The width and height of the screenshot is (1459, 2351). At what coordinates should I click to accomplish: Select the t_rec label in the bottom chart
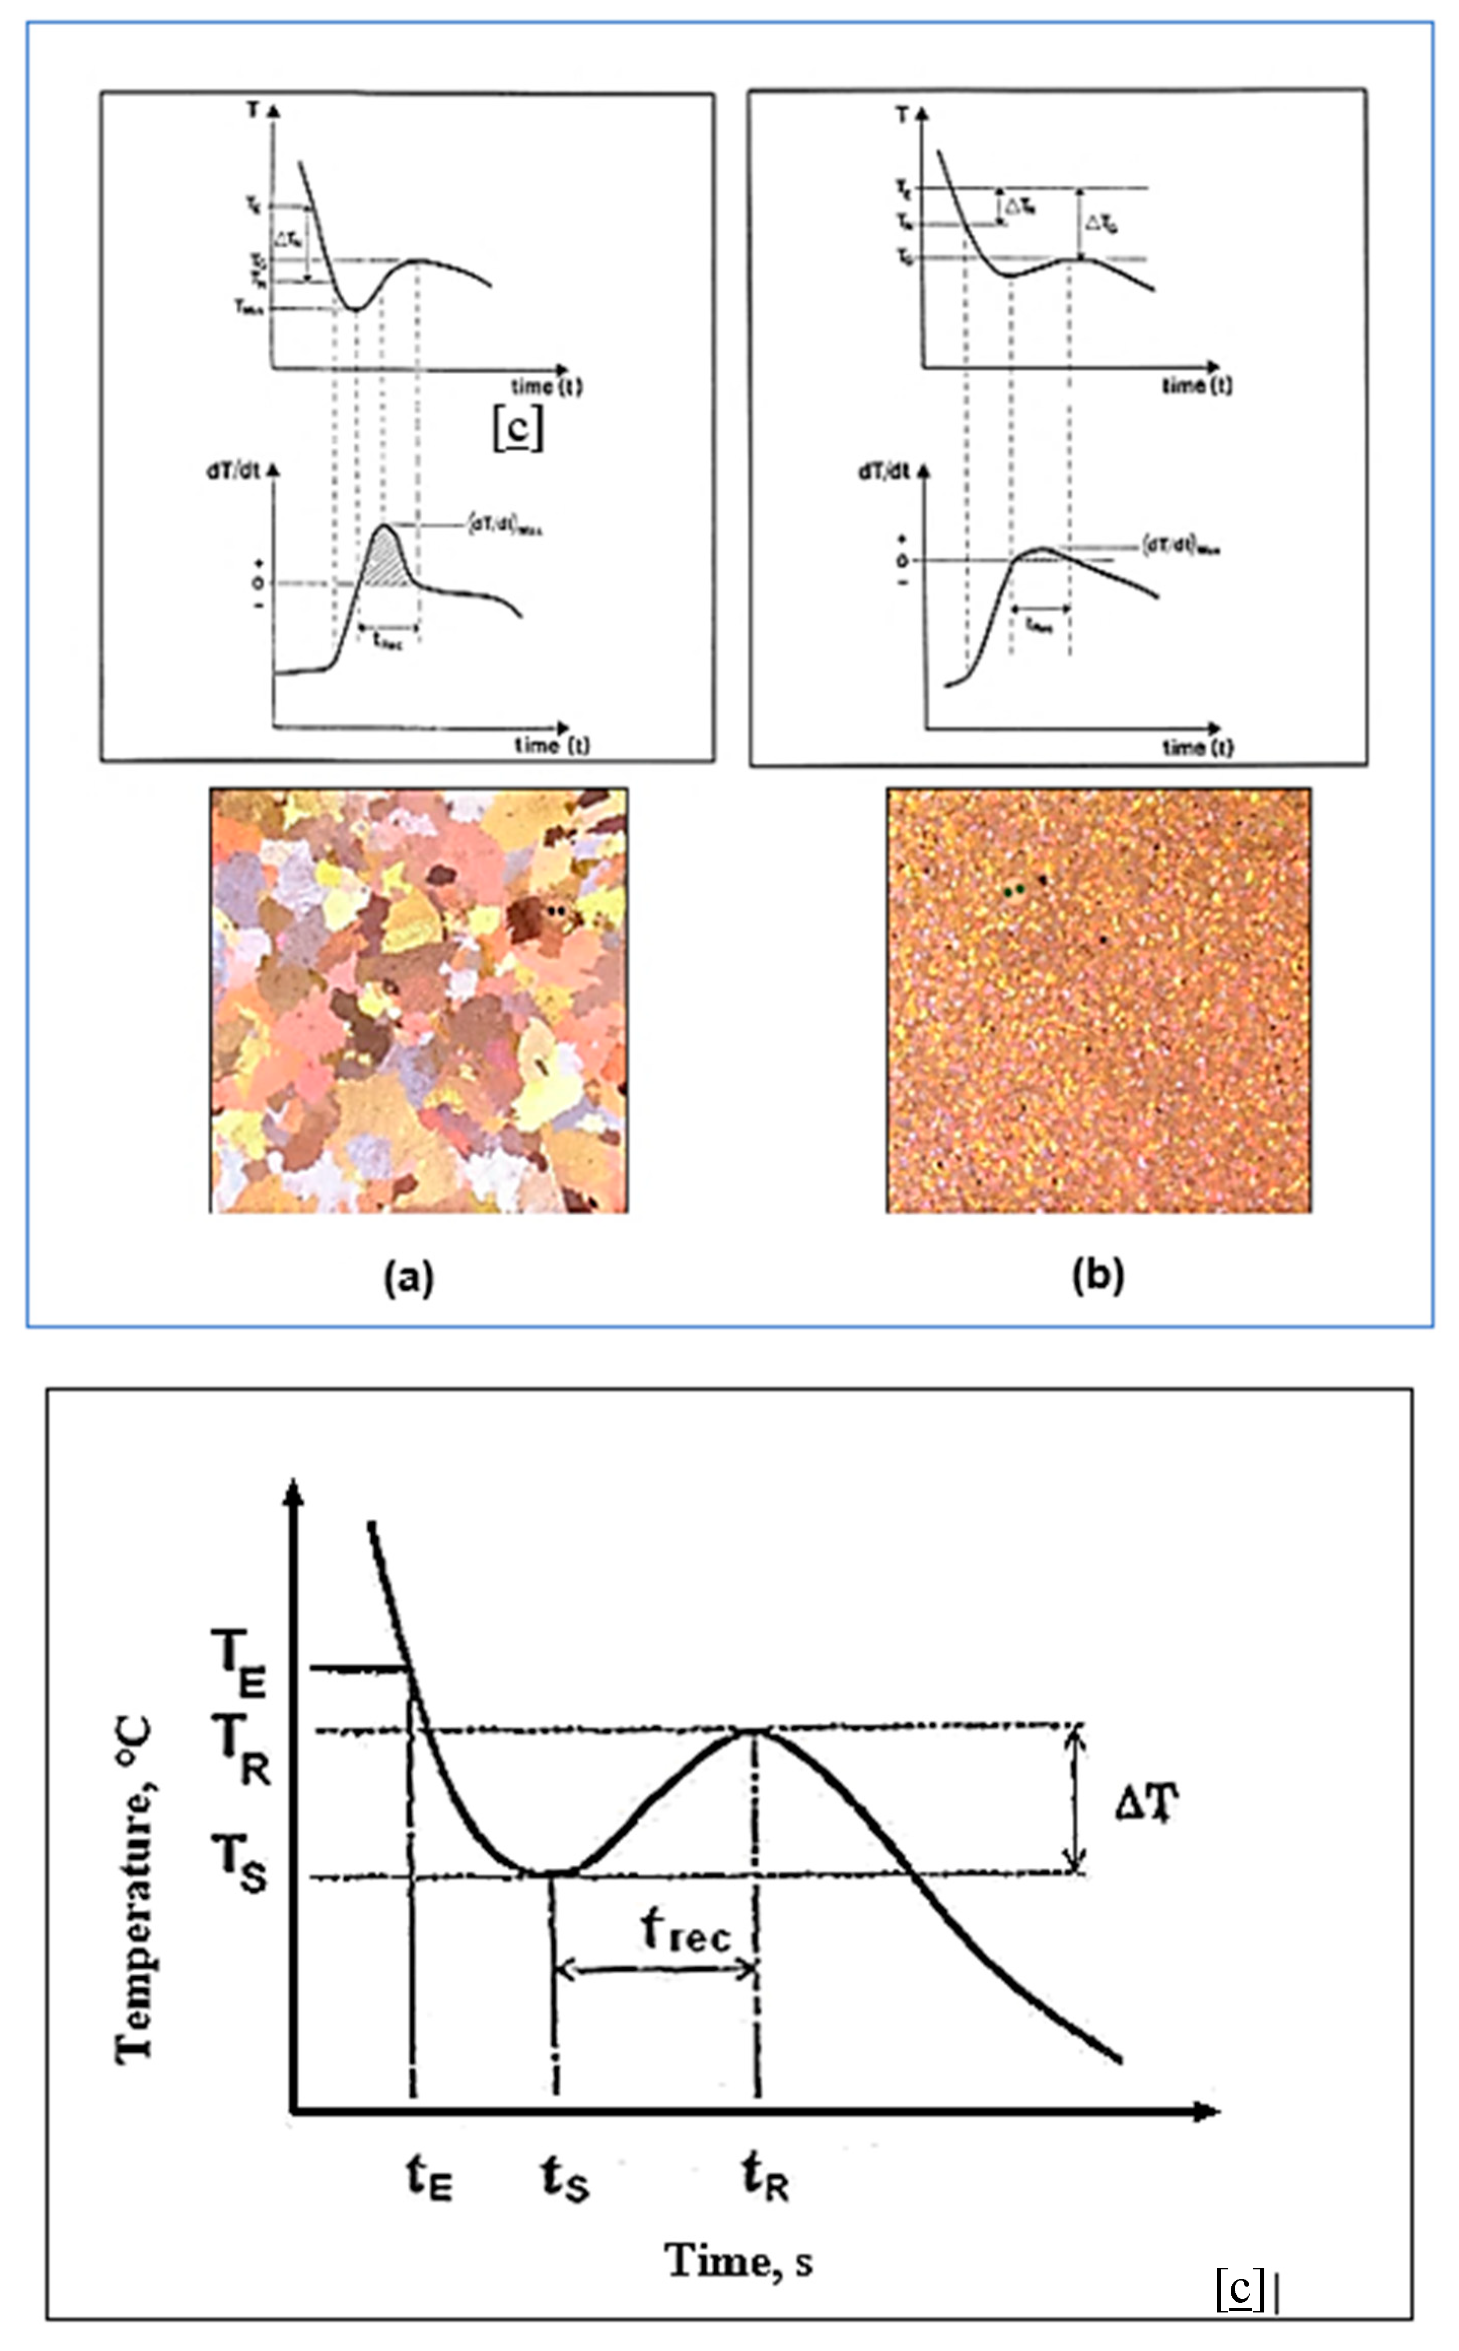click(x=686, y=1930)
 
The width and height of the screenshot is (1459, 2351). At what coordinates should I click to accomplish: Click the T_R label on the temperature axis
click(x=241, y=1761)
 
